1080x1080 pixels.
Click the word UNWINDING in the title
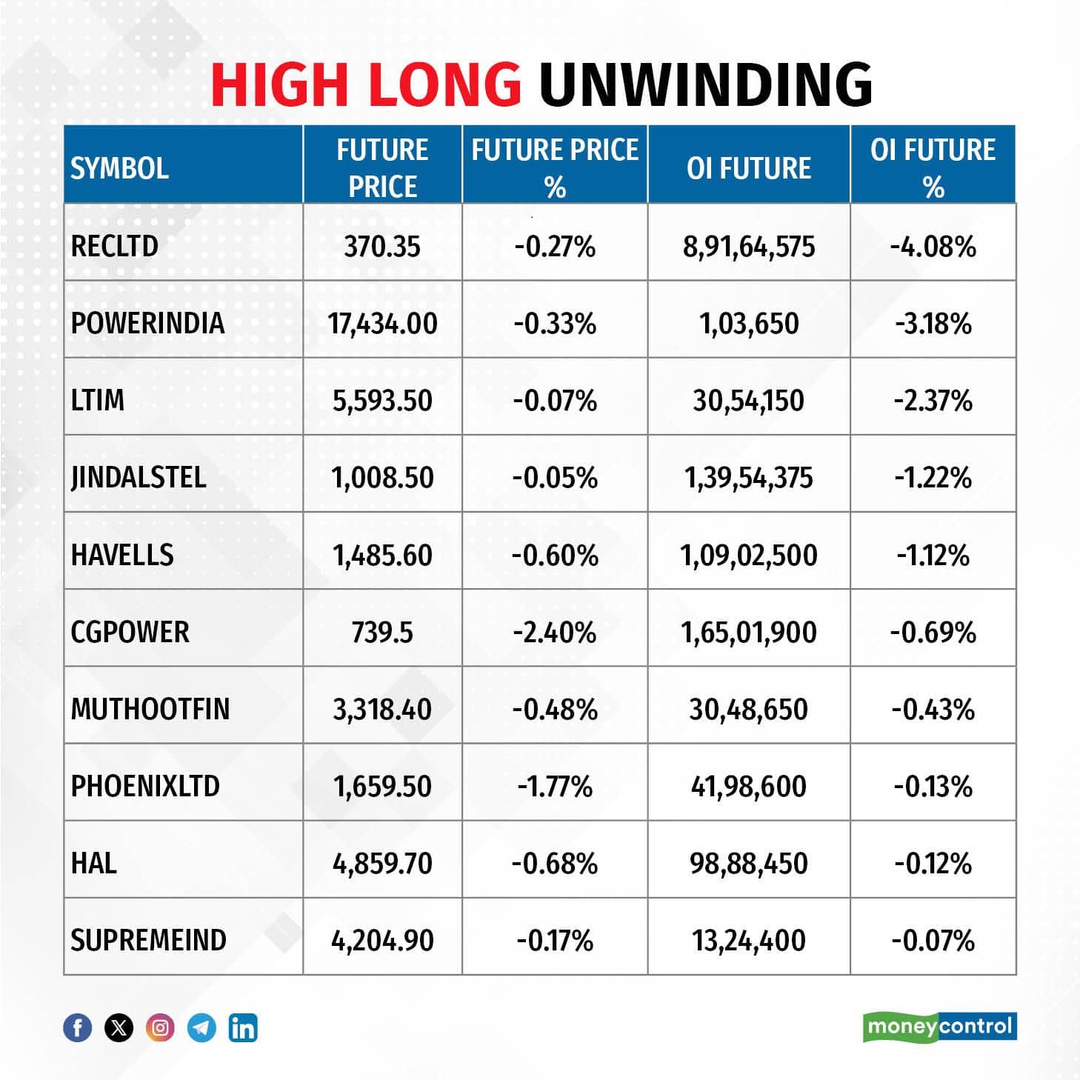point(705,83)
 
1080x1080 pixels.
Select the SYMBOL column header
point(119,168)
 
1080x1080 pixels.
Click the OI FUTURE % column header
point(933,168)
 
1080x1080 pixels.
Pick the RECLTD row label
point(114,246)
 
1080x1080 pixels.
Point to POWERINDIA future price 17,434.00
point(382,324)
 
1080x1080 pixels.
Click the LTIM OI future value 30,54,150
point(748,401)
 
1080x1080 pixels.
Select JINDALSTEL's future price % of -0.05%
point(555,478)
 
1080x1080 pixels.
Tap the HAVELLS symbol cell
point(122,555)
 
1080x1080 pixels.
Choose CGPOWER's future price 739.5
point(382,633)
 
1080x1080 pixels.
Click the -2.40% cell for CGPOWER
point(555,633)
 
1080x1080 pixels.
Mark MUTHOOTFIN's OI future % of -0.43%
point(933,710)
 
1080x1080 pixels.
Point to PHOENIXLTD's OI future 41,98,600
point(748,787)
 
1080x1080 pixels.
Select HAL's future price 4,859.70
point(382,864)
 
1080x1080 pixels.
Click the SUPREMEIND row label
point(148,941)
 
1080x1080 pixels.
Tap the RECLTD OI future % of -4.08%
point(933,247)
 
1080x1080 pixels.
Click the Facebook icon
point(78,1028)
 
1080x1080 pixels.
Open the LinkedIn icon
point(243,1028)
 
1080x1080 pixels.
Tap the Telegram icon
point(201,1028)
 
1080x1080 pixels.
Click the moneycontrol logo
point(939,1027)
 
